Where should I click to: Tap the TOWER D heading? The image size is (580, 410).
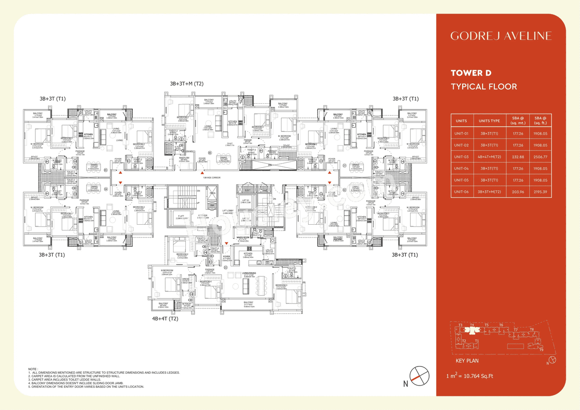click(x=471, y=73)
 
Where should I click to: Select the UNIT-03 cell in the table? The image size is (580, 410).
click(x=461, y=157)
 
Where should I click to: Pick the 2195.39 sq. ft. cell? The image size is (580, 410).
click(x=541, y=192)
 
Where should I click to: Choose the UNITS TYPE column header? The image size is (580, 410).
click(x=489, y=121)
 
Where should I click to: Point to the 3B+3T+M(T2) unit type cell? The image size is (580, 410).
click(x=489, y=192)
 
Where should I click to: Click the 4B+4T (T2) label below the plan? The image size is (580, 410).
click(x=165, y=319)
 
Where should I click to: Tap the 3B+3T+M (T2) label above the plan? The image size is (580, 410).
click(x=187, y=84)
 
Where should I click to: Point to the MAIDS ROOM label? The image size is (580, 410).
click(x=243, y=237)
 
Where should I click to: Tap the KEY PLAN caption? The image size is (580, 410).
click(x=467, y=361)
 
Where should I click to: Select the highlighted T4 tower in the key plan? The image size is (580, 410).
click(x=472, y=325)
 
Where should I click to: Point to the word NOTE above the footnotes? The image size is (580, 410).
click(x=33, y=369)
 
